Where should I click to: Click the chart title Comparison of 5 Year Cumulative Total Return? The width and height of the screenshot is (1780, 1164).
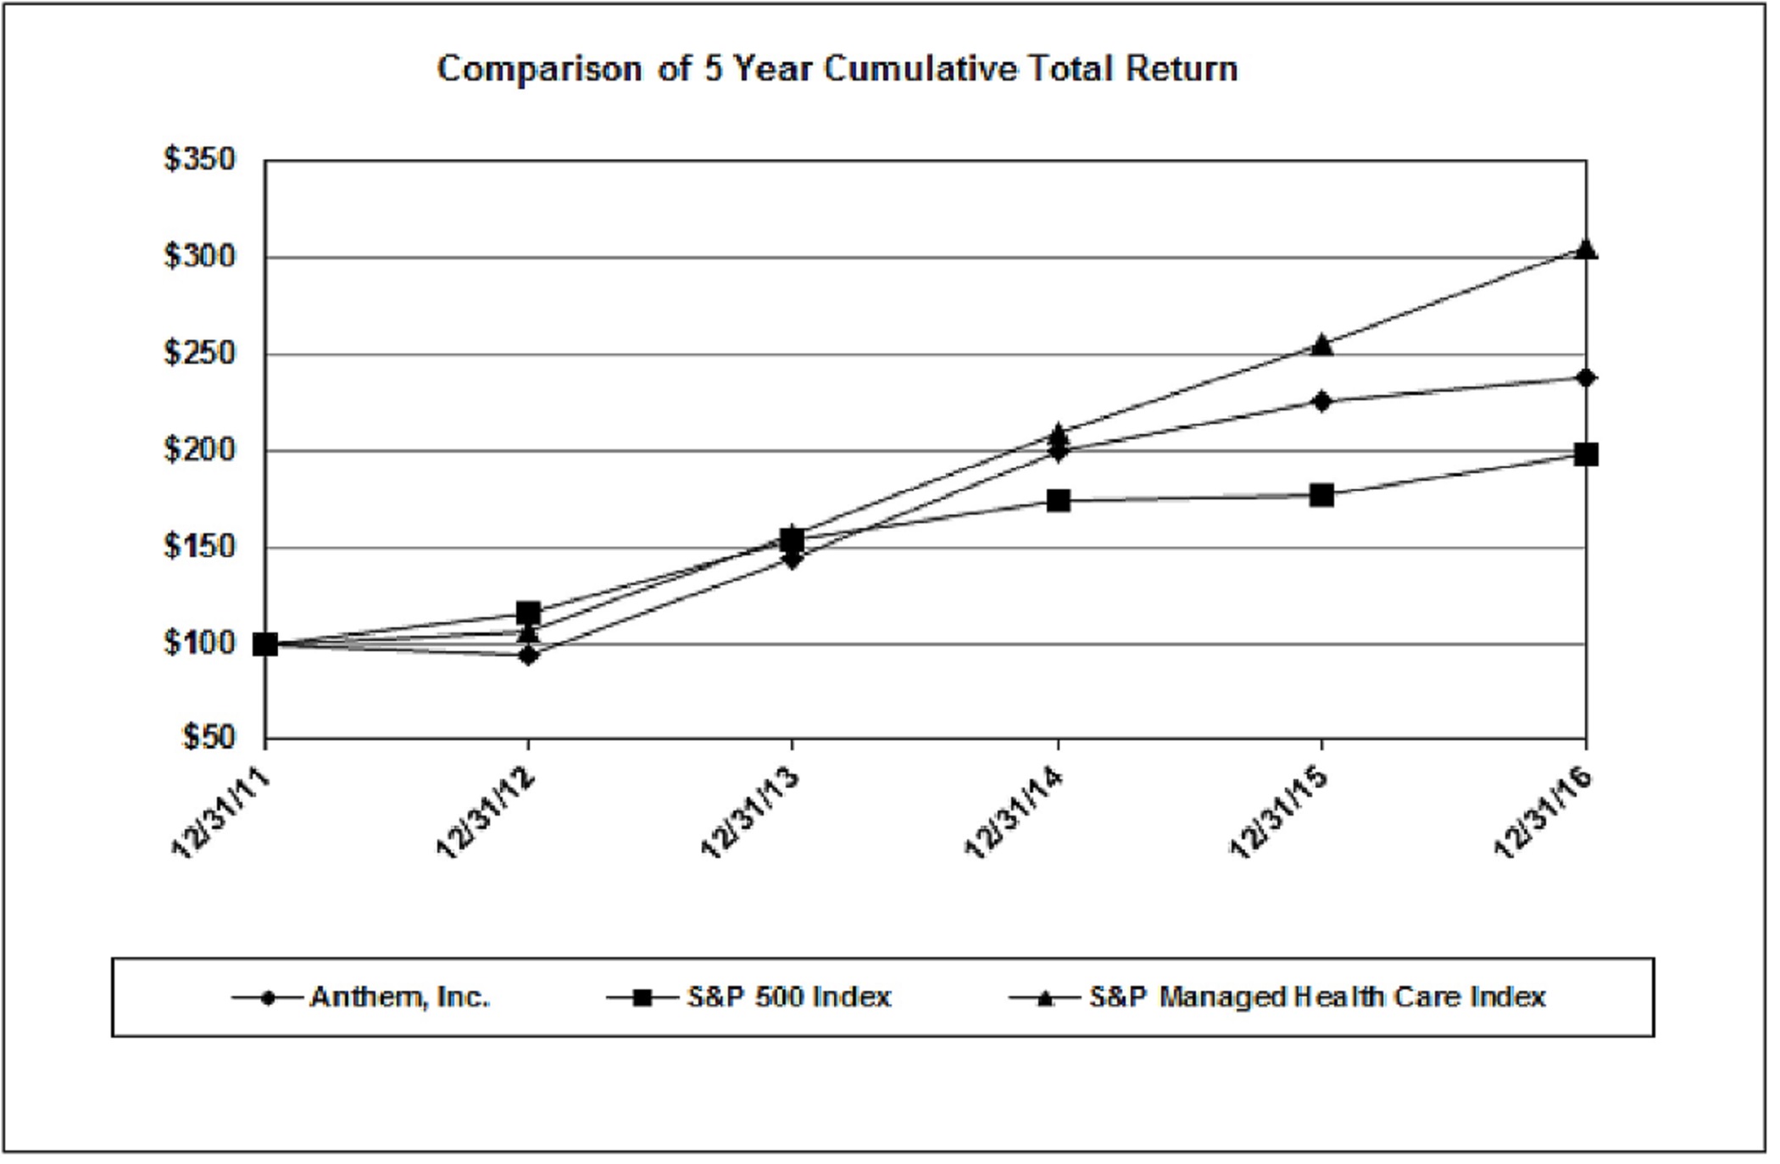pyautogui.click(x=837, y=69)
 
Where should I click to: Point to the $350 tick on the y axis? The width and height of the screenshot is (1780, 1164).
pyautogui.click(x=200, y=159)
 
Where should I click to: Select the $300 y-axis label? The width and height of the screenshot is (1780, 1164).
pyautogui.click(x=200, y=255)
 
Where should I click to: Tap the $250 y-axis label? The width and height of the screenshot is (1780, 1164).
pyautogui.click(x=200, y=353)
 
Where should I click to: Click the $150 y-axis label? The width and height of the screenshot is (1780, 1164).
pyautogui.click(x=200, y=546)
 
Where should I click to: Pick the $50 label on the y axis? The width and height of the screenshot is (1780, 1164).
pyautogui.click(x=209, y=738)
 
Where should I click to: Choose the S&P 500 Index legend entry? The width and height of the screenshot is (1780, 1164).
pyautogui.click(x=788, y=997)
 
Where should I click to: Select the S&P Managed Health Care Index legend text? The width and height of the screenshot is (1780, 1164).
pyautogui.click(x=1317, y=997)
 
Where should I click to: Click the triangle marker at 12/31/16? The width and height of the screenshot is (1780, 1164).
pyautogui.click(x=1586, y=249)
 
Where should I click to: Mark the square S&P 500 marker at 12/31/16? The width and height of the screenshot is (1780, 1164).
pyautogui.click(x=1586, y=454)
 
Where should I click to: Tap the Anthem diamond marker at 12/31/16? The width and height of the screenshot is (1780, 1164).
pyautogui.click(x=1586, y=377)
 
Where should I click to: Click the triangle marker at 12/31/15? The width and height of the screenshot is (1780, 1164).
pyautogui.click(x=1321, y=345)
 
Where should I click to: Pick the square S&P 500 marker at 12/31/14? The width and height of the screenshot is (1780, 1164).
pyautogui.click(x=1058, y=500)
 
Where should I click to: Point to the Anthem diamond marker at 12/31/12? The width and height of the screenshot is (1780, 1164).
pyautogui.click(x=528, y=654)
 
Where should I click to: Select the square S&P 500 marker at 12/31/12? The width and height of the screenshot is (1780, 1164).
pyautogui.click(x=528, y=612)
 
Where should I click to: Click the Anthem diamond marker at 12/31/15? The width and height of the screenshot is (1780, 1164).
pyautogui.click(x=1321, y=401)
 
